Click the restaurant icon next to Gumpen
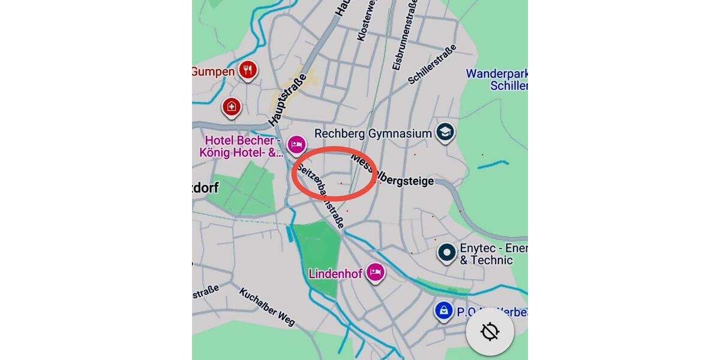[248, 70]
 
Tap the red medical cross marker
[232, 107]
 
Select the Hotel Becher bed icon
[296, 145]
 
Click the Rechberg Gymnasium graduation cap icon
[445, 132]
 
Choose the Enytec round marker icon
[446, 253]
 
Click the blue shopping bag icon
[443, 310]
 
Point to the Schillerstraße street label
[432, 64]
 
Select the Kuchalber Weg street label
[267, 307]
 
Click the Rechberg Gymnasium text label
[373, 133]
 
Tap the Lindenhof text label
[335, 274]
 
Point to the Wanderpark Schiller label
[497, 79]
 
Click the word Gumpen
[213, 72]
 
